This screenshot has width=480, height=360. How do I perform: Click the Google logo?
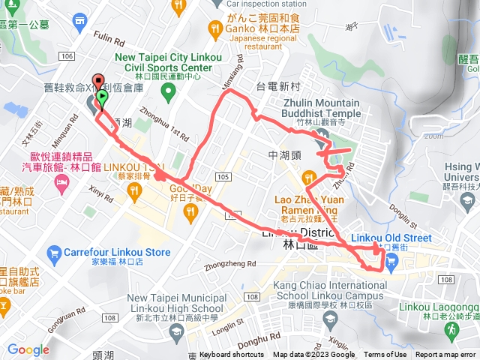click(x=28, y=349)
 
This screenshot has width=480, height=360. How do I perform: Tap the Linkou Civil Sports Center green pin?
click(x=168, y=92)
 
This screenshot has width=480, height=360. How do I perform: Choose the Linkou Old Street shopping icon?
click(x=392, y=260)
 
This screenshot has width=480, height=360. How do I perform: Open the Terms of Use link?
click(x=385, y=355)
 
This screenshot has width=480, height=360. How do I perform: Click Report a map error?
click(x=445, y=355)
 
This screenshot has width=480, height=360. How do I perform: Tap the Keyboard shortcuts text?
click(x=232, y=355)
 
